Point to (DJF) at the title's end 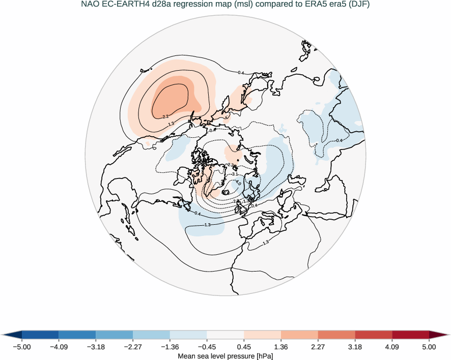click(x=358, y=5)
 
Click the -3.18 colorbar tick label click(x=96, y=347)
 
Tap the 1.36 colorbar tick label click(x=281, y=347)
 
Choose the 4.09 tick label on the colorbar click(x=392, y=347)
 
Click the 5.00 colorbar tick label click(x=429, y=347)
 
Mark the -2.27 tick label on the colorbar click(x=133, y=347)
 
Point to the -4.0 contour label click(x=238, y=183)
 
